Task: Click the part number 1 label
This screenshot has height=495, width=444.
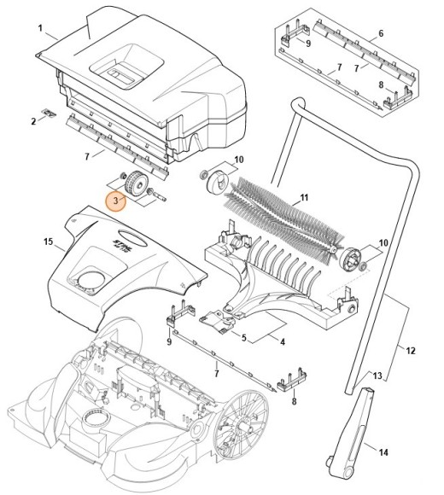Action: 40,28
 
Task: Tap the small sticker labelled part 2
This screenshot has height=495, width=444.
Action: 50,112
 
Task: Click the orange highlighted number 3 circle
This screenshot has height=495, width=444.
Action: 116,201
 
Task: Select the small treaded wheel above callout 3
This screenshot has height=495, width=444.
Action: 137,182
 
